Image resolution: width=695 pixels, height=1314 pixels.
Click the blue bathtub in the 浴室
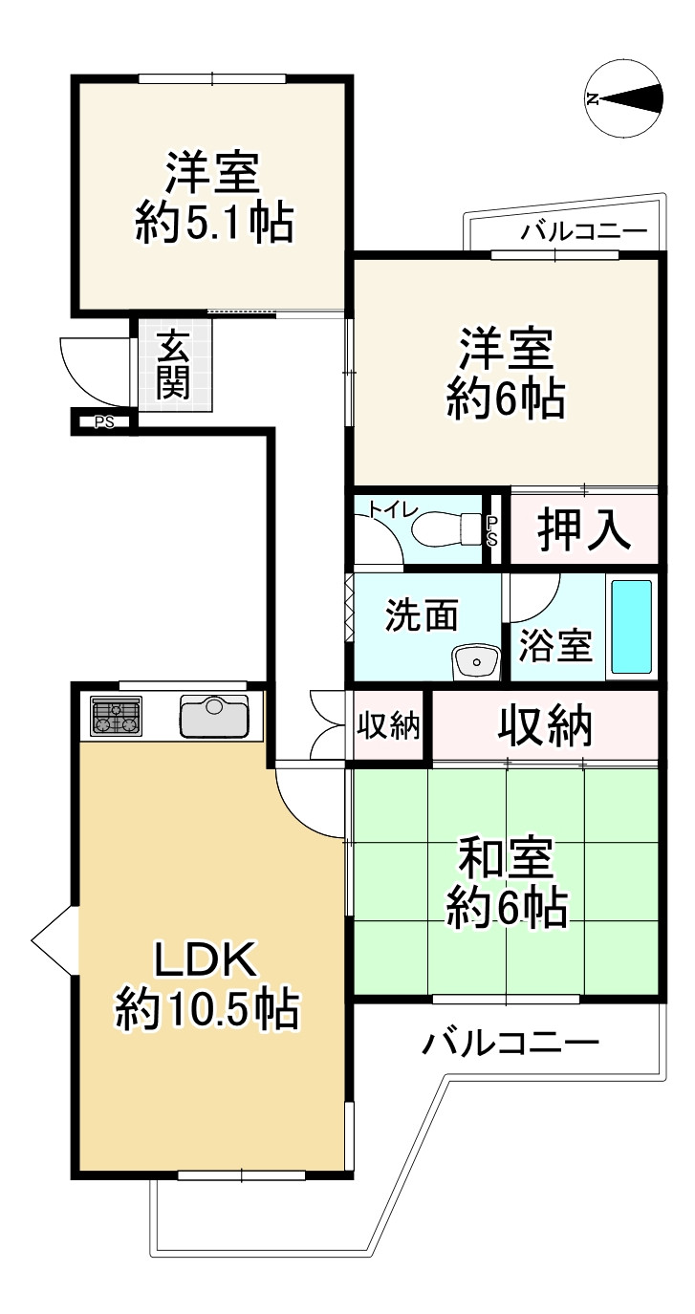pyautogui.click(x=631, y=626)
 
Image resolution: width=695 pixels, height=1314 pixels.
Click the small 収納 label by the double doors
pyautogui.click(x=388, y=727)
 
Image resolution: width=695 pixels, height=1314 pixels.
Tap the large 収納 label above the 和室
pyautogui.click(x=545, y=728)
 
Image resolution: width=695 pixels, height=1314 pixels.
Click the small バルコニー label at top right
pyautogui.click(x=584, y=232)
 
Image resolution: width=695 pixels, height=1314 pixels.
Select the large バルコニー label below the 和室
pyautogui.click(x=512, y=1041)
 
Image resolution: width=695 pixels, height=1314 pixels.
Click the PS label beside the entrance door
pyautogui.click(x=104, y=421)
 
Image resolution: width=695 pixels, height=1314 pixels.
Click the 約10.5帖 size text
pyautogui.click(x=206, y=1009)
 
